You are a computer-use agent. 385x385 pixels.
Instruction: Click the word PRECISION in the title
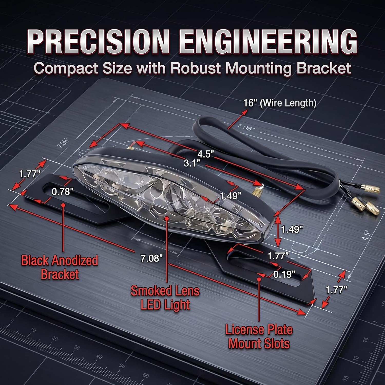pyautogui.click(x=99, y=42)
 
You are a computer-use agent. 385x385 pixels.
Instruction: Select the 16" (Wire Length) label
pyautogui.click(x=280, y=103)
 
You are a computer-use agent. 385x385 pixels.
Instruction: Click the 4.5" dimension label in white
pyautogui.click(x=206, y=154)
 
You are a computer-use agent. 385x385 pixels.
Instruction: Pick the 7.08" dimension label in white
pyautogui.click(x=151, y=258)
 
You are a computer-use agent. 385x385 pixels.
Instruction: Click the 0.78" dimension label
pyautogui.click(x=62, y=191)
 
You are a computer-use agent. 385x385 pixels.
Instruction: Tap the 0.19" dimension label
pyautogui.click(x=284, y=274)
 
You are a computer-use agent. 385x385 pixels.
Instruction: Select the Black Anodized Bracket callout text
pyautogui.click(x=60, y=267)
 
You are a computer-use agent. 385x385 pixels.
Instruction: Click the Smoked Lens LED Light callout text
pyautogui.click(x=165, y=298)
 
